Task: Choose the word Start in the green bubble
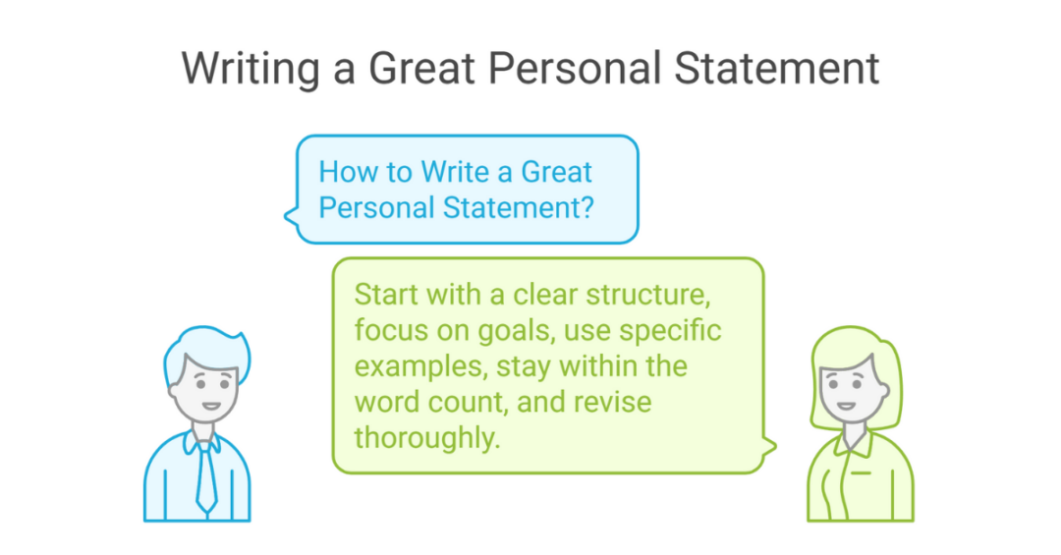387,295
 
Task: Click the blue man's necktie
205,476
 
